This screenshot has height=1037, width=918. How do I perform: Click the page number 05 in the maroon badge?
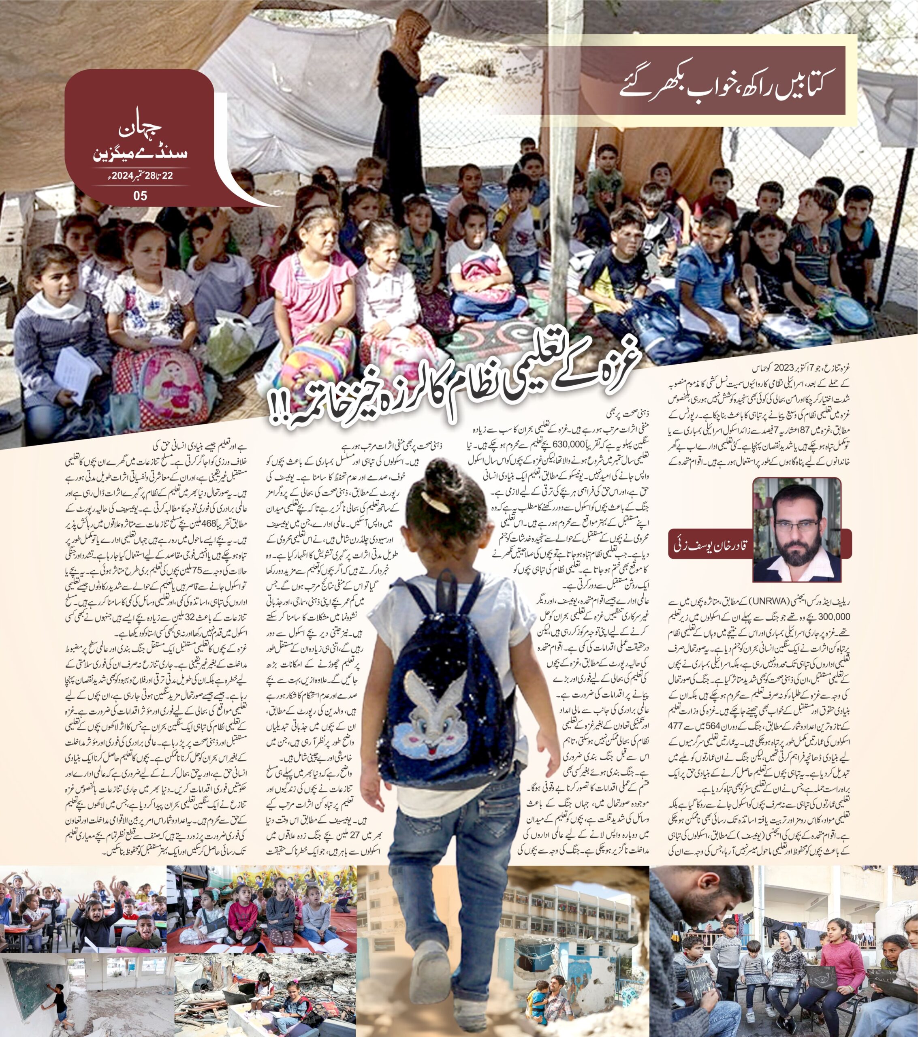tap(140, 195)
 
